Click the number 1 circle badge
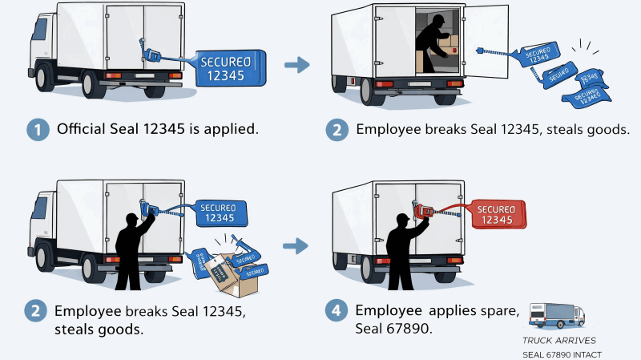(x=38, y=130)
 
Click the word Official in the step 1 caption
(x=83, y=129)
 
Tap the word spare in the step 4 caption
(x=500, y=310)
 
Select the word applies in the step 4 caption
(x=450, y=310)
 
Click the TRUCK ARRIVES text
(x=559, y=341)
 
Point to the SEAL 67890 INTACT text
(x=562, y=354)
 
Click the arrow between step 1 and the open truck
(x=297, y=65)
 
